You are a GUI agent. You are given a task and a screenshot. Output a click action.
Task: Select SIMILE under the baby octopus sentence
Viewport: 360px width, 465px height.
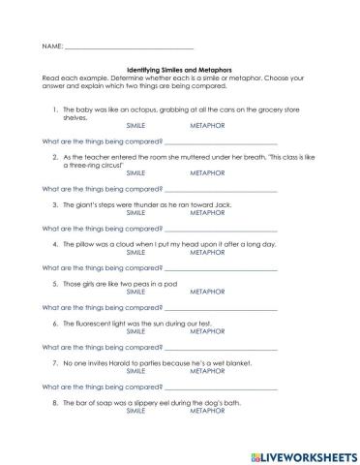point(138,126)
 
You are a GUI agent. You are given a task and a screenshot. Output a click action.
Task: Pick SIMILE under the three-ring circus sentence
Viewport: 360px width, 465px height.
point(138,171)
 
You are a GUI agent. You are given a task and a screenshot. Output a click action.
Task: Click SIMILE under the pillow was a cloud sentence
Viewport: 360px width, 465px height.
point(138,251)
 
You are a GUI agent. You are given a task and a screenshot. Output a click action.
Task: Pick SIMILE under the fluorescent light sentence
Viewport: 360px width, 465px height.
point(138,330)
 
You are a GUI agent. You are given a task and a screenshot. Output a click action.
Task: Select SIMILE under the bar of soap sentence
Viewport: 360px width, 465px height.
point(138,410)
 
